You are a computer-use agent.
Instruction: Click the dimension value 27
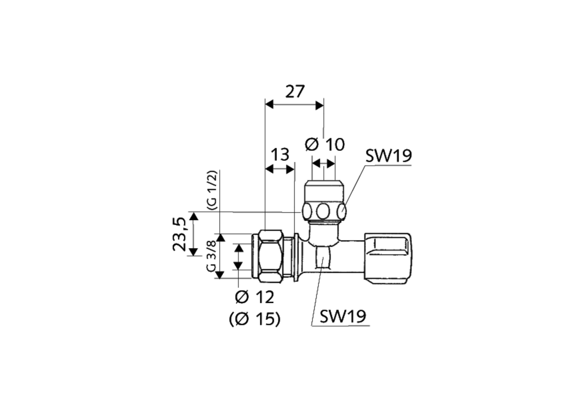tap(294, 92)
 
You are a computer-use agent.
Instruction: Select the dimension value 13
tap(280, 155)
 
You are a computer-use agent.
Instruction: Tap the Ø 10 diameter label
tap(324, 145)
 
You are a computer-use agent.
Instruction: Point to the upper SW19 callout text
tap(388, 156)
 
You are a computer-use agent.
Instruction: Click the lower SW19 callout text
tap(343, 316)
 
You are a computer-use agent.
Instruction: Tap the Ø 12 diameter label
tap(255, 297)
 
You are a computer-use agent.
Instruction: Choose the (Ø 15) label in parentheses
tap(255, 319)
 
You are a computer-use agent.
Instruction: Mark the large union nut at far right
tap(388, 258)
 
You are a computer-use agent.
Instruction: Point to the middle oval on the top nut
tap(323, 211)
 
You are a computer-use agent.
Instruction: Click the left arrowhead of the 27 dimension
tap(269, 105)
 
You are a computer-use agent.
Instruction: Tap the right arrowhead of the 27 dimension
tap(320, 105)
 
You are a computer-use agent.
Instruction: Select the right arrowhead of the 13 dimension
tap(290, 169)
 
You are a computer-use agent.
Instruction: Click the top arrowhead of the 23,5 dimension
tap(194, 216)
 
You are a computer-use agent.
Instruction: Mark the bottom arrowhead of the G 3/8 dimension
tap(220, 274)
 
